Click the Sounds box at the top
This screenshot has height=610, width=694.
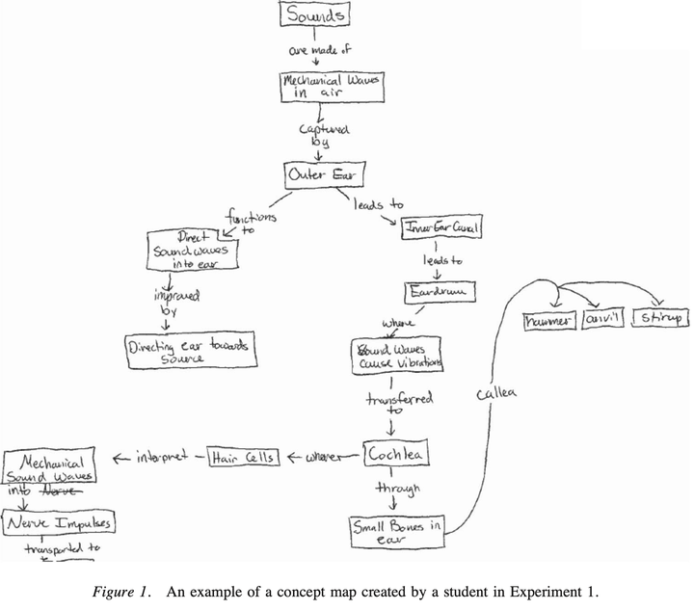314,15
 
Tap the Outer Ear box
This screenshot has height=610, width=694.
316,174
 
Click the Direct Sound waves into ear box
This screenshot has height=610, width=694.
192,250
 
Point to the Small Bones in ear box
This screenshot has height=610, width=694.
396,531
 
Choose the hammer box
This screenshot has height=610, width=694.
548,320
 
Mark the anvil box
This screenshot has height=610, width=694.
602,320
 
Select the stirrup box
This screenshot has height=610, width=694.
659,318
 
